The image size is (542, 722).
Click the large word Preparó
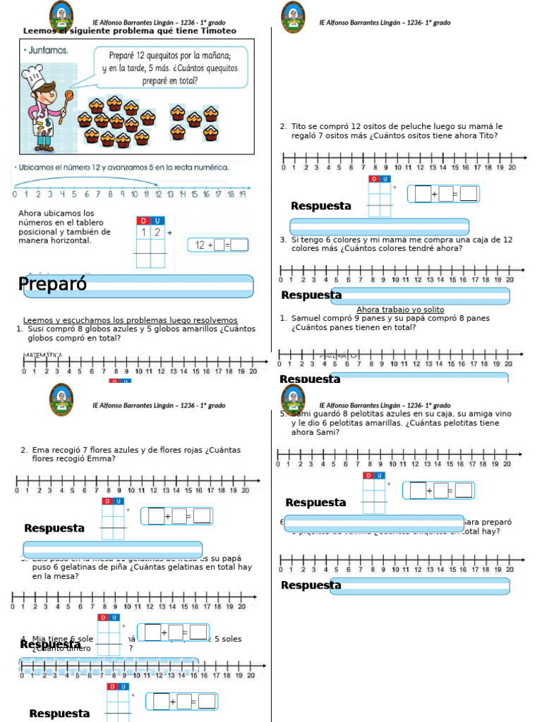53,284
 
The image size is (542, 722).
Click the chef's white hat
33,73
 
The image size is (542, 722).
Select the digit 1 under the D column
143,232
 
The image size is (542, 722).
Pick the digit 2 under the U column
158,232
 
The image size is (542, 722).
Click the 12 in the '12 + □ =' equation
200,245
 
